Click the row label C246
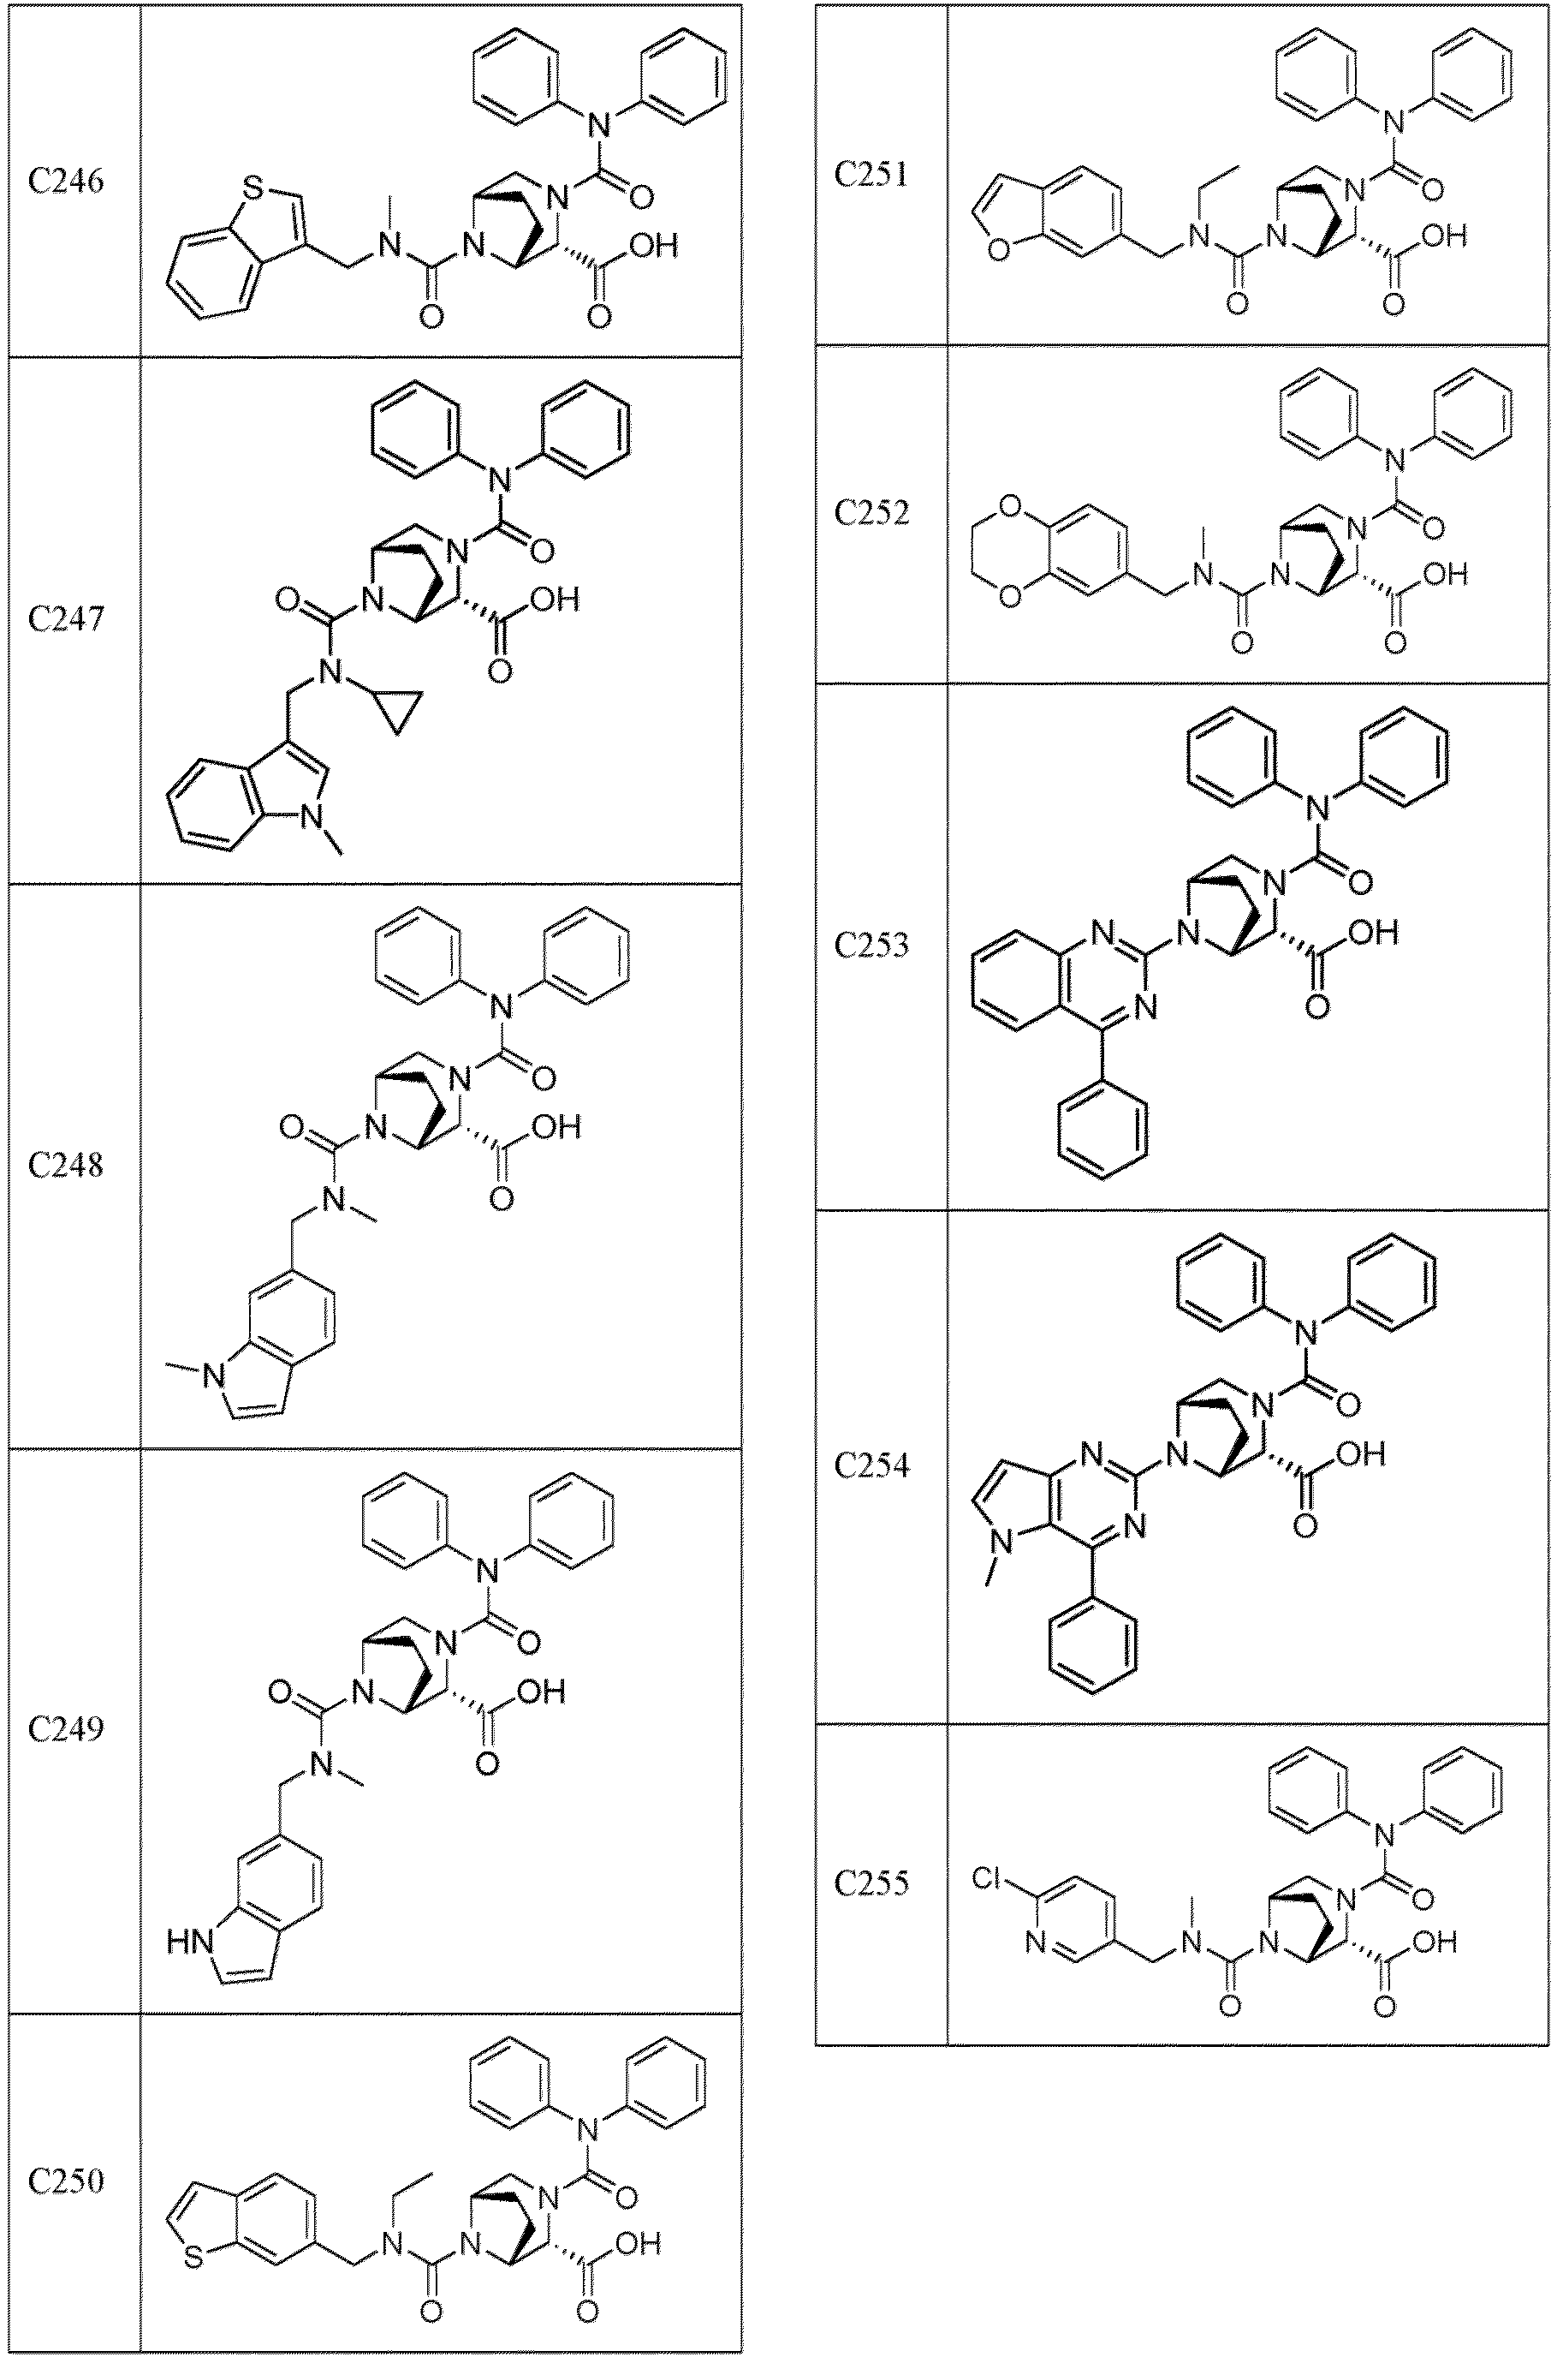(x=66, y=182)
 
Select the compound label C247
(x=66, y=620)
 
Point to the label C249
(x=66, y=1730)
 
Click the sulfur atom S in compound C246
(x=254, y=186)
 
